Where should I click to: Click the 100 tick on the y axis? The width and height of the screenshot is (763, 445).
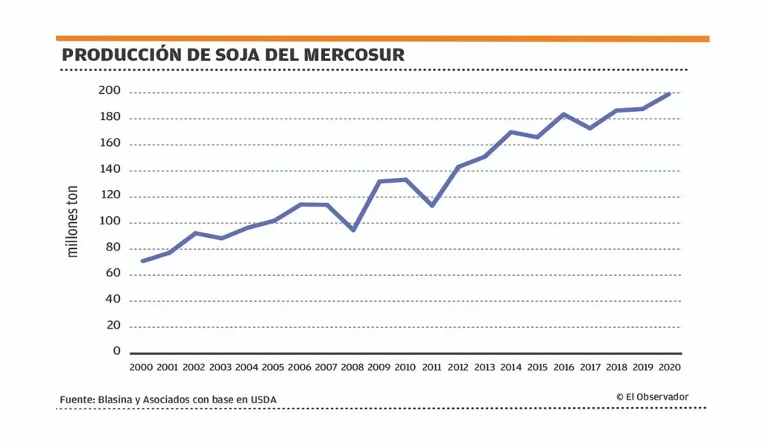[x=110, y=222]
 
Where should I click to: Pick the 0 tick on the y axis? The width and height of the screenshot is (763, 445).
[x=116, y=350]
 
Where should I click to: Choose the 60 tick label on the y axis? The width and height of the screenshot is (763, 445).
[x=112, y=274]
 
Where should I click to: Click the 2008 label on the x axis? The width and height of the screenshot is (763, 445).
[x=352, y=367]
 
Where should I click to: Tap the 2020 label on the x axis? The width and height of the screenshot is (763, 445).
[x=669, y=367]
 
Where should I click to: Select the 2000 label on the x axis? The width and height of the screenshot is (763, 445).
[x=142, y=367]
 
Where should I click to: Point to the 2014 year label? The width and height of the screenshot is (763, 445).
[x=510, y=367]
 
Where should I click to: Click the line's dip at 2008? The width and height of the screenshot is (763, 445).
[x=353, y=230]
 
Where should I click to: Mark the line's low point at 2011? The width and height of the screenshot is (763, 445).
[x=432, y=205]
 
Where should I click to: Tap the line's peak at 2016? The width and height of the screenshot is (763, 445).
[x=564, y=114]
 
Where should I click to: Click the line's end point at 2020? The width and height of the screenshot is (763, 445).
[x=669, y=94]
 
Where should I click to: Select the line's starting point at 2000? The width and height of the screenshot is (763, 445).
[x=142, y=261]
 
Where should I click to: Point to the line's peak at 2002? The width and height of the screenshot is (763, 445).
[x=194, y=233]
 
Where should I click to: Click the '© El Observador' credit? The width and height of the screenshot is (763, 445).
[x=652, y=397]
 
